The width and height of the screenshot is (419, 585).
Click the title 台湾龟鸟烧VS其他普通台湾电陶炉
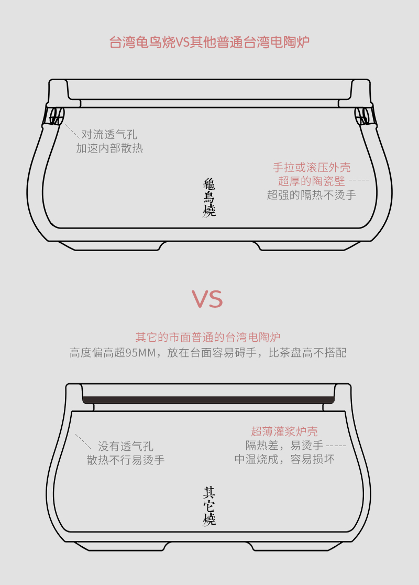pos(209,42)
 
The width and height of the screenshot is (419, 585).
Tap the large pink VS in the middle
pos(207,299)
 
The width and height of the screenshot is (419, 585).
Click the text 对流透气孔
pos(109,134)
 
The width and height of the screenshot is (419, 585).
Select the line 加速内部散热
pos(109,148)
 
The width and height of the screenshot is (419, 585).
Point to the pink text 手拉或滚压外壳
pos(312,167)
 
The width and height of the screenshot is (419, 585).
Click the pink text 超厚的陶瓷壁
pos(312,181)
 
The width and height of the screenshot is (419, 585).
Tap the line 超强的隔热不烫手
pos(312,195)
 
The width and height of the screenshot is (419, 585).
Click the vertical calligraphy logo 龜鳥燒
pos(209,198)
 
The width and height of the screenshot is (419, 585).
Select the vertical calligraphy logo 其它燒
pos(209,506)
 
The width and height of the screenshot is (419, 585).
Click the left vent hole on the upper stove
pos(56,116)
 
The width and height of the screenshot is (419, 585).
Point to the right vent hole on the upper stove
pos(362,116)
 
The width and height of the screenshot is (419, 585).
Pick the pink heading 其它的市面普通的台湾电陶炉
pos(208,337)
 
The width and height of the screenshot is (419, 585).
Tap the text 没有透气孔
pos(126,446)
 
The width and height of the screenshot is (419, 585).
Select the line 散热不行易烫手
pos(126,460)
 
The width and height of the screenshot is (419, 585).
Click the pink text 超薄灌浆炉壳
pos(284,431)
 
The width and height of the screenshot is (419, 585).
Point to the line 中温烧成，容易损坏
pos(284,459)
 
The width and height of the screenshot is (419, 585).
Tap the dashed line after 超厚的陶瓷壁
pos(359,180)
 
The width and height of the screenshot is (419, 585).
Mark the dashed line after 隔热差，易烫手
pos(336,446)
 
